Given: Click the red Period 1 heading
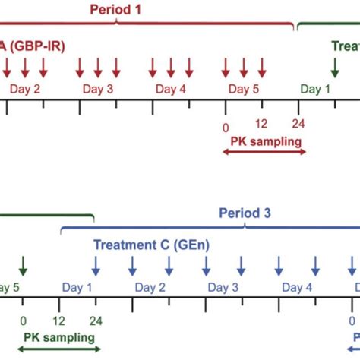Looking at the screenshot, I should (x=115, y=10).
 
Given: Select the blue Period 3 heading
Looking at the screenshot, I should (x=245, y=213).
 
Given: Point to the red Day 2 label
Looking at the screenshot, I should (x=25, y=89).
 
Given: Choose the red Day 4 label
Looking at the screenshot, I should (x=171, y=89).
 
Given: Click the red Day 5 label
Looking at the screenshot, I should (x=244, y=89).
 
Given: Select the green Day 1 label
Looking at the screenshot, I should (x=316, y=89).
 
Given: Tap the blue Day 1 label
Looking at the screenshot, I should (x=77, y=287).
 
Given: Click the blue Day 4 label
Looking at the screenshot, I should (x=297, y=287).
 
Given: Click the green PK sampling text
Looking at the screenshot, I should (x=58, y=336).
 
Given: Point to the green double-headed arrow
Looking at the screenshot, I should (x=58, y=349).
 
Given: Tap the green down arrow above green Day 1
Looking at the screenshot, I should (x=335, y=69).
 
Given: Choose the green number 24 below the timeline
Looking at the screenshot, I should (x=95, y=320).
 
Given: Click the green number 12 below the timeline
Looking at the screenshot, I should (x=59, y=320).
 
